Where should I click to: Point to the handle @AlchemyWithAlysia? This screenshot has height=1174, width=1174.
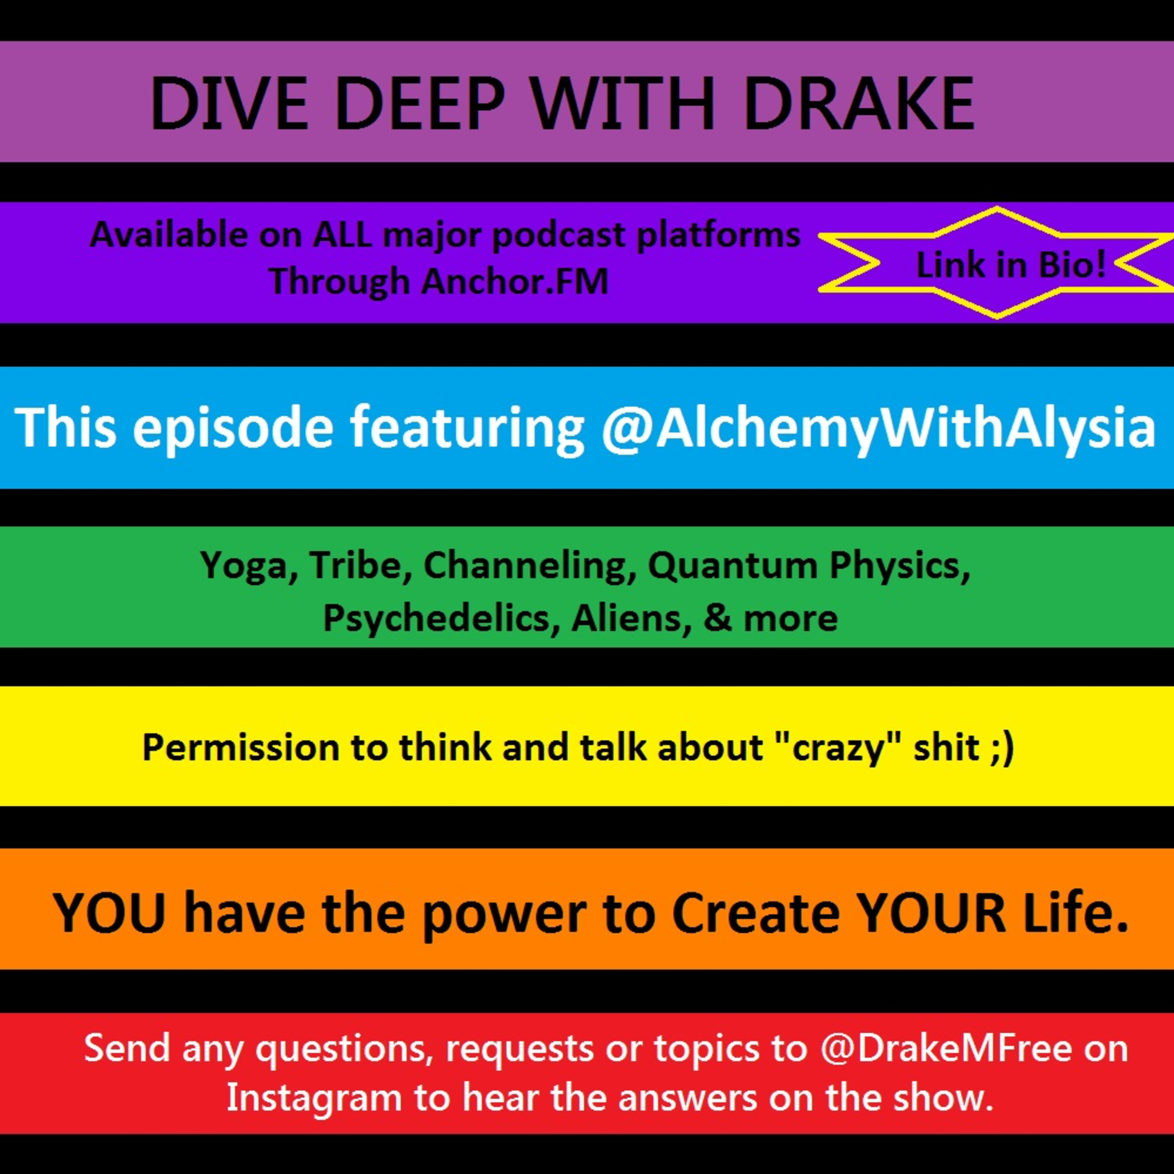click(878, 428)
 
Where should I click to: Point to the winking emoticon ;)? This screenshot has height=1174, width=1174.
click(1001, 748)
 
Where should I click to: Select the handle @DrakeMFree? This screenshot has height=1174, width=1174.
click(946, 1048)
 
